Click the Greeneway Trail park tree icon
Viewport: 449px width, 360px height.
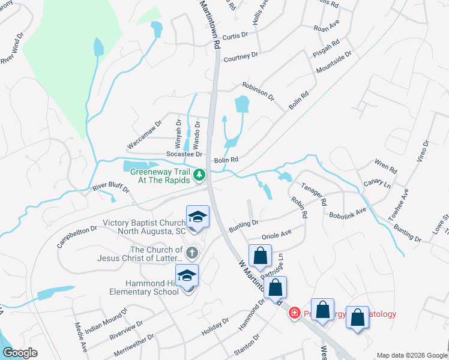pos(199,175)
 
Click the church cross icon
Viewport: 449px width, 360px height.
pos(191,252)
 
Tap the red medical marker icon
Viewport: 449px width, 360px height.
pos(295,313)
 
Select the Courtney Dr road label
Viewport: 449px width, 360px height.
pos(240,57)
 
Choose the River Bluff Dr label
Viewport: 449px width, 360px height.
pos(111,188)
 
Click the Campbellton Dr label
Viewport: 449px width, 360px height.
pos(77,237)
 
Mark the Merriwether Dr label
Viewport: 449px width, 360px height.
pos(133,341)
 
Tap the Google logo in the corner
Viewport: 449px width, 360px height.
pos(20,353)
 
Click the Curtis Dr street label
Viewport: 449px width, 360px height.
pos(235,36)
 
